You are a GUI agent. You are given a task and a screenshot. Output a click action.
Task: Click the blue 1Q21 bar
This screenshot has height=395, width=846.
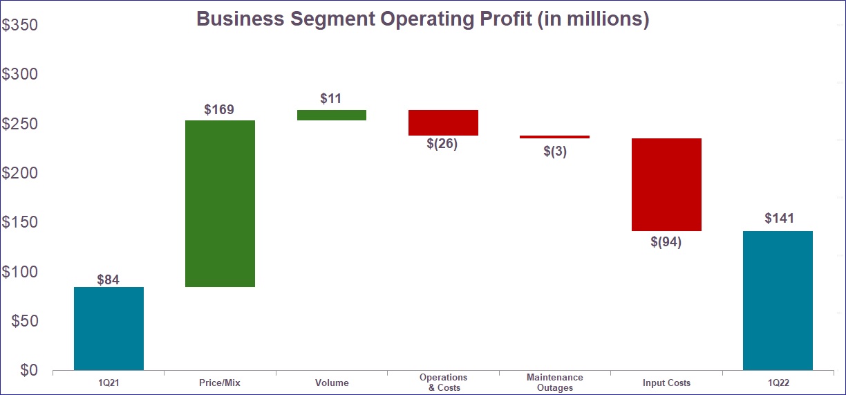pos(109,329)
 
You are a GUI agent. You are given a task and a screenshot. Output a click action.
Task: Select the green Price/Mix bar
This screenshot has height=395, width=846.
pos(220,203)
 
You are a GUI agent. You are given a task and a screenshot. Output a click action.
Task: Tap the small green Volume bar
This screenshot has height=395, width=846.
pos(332,115)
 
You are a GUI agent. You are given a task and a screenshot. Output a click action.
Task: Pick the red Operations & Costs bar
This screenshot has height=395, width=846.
pos(443,122)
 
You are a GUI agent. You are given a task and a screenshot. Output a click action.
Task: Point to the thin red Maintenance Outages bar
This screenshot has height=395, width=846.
pos(554,137)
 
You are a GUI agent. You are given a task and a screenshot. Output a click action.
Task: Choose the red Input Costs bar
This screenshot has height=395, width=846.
pos(666,185)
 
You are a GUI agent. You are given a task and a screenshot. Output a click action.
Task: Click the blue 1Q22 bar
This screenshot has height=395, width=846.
pos(778,300)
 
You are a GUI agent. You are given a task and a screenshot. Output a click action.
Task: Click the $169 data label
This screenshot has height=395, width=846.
pos(219,109)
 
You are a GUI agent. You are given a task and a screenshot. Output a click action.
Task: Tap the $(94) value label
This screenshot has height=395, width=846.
pos(666,243)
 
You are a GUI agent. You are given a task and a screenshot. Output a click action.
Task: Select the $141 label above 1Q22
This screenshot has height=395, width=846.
pos(780,219)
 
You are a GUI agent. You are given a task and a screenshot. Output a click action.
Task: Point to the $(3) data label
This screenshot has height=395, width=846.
pos(554,151)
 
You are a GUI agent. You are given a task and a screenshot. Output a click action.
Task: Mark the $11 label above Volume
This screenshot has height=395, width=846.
pos(331,99)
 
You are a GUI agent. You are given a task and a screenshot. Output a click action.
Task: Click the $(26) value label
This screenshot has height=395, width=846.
pos(442,145)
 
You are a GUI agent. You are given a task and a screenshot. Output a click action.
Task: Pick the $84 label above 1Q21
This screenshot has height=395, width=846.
pos(108,280)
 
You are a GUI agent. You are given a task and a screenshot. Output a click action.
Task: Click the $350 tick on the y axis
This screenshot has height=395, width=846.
pos(19,26)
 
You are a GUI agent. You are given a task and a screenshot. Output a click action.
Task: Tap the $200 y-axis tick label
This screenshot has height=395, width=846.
pos(19,174)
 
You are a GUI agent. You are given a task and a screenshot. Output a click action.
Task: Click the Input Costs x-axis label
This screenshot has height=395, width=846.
pos(666,383)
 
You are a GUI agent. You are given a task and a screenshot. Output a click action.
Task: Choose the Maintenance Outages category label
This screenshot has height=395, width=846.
pos(554,383)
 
